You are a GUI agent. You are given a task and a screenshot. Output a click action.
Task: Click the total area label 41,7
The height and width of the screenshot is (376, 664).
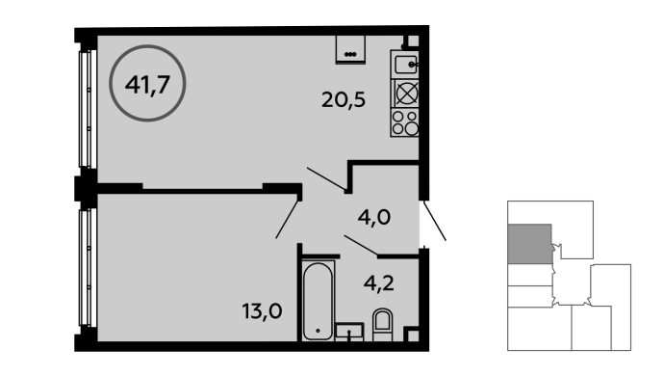click(147, 85)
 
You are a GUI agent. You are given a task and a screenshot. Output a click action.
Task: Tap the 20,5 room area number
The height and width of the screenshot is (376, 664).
click(344, 100)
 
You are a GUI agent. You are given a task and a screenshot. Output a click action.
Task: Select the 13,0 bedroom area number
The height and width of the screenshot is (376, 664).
click(263, 311)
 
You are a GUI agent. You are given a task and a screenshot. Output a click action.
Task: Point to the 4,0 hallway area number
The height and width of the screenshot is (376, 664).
click(374, 218)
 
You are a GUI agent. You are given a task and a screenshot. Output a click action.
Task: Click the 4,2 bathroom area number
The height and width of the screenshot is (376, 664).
click(379, 283)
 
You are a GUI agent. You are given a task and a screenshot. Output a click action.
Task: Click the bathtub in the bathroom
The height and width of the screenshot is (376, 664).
click(318, 301)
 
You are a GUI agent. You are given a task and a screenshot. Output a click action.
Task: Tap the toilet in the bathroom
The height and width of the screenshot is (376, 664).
click(382, 325)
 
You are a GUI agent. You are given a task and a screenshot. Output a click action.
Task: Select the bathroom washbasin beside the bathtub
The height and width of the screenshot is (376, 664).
click(349, 332)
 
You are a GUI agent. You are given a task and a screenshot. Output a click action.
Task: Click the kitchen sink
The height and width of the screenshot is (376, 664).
click(405, 65)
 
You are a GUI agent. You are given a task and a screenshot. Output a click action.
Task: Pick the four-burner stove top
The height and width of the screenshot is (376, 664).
click(405, 122)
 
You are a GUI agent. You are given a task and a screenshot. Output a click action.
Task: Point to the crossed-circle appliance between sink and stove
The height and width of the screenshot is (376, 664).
click(406, 94)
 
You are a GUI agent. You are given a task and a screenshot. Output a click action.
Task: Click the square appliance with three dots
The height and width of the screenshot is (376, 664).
click(350, 49)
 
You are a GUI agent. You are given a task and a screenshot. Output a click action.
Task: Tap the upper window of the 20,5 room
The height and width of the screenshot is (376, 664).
click(88, 109)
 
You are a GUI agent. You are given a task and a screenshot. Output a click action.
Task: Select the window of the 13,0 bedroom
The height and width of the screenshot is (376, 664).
click(88, 267)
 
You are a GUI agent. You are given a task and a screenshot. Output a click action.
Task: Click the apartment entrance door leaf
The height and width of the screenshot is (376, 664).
click(434, 221)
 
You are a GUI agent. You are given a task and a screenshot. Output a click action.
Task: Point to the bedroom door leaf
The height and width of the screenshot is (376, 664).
click(287, 220)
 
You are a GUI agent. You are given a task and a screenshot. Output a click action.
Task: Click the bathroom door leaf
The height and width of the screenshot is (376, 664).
click(361, 246)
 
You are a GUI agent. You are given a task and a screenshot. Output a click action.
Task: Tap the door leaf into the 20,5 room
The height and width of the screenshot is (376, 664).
click(326, 178)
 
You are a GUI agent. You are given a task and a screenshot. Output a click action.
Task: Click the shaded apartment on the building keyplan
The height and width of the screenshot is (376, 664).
click(530, 244)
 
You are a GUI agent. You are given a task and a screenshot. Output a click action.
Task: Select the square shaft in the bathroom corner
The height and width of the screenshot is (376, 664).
click(411, 334)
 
